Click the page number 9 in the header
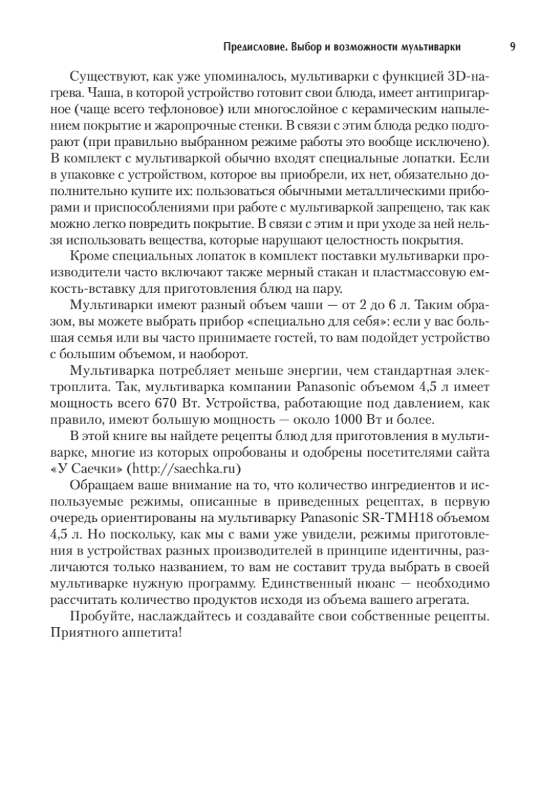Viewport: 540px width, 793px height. (x=514, y=47)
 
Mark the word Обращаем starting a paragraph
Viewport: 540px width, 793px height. (x=98, y=486)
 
